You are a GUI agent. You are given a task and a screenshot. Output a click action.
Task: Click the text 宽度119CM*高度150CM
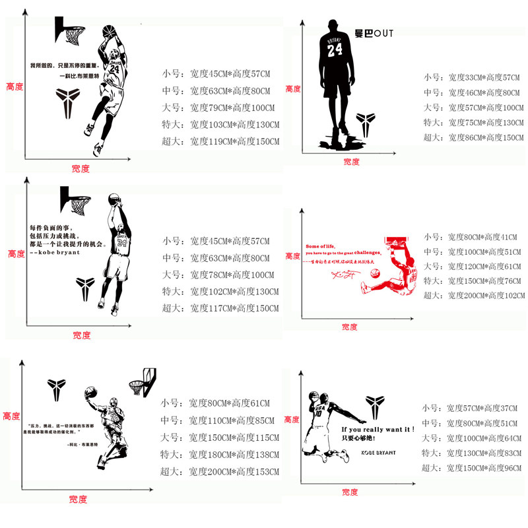pos(235,141)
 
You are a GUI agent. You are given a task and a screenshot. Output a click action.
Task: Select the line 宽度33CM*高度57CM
pos(484,78)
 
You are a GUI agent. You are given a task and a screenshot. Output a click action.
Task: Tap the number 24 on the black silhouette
pos(335,49)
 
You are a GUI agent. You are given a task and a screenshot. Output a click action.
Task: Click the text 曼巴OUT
pos(374,32)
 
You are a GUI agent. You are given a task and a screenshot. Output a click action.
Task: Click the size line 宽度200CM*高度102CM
pos(485,296)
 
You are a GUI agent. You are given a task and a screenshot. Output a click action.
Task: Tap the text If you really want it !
pos(378,429)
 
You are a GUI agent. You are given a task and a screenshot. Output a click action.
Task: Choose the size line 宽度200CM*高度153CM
pos(234,471)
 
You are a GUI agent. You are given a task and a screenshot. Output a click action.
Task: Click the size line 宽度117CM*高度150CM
pos(234,308)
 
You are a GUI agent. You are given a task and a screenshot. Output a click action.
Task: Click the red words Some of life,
pos(321,246)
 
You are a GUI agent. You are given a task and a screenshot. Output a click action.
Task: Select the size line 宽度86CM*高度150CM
pos(486,137)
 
